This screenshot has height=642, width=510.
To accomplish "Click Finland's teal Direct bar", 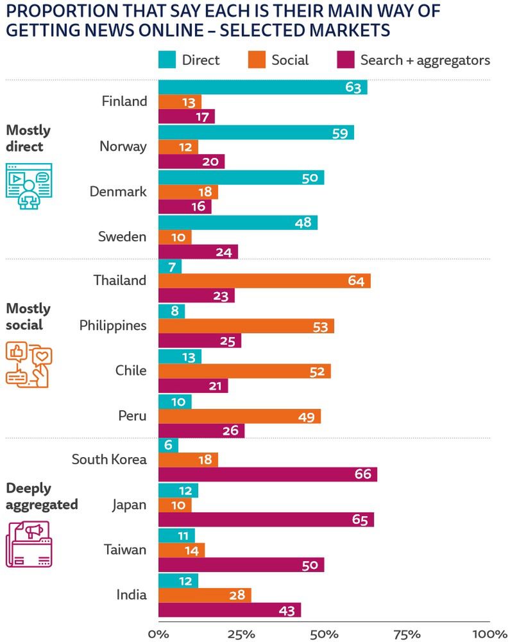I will point(262,87).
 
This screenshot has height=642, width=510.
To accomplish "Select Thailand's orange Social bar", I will point(264,281).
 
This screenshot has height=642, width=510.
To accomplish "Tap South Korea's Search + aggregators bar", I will point(268,474).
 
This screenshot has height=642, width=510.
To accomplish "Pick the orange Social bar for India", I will point(205,595).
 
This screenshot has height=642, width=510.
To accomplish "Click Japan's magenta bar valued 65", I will point(266,519).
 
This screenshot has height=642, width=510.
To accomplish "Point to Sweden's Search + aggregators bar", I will point(198,252).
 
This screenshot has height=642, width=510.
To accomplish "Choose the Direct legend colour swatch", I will point(167,60).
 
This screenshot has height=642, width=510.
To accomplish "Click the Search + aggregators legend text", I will point(425,60).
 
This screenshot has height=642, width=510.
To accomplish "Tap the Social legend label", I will point(290,60).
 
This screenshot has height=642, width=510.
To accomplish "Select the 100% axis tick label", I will point(489,634).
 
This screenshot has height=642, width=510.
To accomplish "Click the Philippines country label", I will point(113,325).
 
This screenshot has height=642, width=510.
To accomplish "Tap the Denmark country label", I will point(118,191).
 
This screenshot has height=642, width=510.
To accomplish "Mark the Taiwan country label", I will point(125,550).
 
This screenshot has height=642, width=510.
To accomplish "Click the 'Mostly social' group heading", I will point(28,317).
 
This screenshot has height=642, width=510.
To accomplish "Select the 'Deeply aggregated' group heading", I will point(42,496).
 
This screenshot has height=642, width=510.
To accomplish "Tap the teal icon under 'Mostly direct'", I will point(28,186).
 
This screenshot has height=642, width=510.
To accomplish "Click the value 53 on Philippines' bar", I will point(320,326).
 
